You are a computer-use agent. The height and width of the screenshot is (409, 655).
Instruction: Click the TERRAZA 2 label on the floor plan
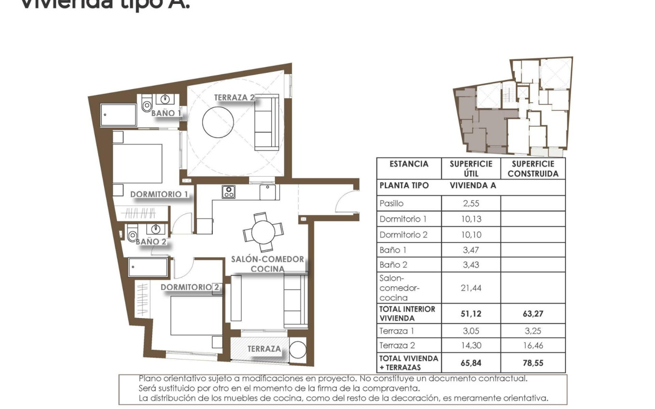(x=234, y=98)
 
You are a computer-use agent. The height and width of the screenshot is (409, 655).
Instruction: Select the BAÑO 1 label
(x=166, y=114)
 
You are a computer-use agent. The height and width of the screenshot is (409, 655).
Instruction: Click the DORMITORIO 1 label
(x=159, y=194)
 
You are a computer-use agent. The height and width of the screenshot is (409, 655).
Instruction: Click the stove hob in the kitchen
(x=228, y=192)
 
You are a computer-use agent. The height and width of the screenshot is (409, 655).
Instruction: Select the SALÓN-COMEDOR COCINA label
(x=267, y=264)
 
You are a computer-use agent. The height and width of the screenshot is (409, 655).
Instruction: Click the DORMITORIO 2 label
(x=190, y=287)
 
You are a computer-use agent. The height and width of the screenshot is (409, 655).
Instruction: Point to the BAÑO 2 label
(x=151, y=242)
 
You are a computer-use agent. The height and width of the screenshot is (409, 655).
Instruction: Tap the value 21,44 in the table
(x=471, y=288)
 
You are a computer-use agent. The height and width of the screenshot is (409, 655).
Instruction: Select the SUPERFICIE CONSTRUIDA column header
(x=533, y=169)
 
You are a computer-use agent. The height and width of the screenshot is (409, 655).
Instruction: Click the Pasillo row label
(x=392, y=204)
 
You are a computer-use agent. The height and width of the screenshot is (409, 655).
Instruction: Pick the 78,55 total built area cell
(x=533, y=363)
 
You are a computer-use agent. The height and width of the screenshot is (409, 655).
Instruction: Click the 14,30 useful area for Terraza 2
(x=471, y=345)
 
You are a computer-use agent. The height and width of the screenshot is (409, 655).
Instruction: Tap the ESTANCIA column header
(x=409, y=164)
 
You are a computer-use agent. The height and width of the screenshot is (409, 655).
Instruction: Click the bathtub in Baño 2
(x=148, y=268)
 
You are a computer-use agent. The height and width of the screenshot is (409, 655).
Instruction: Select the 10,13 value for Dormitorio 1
(x=471, y=219)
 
